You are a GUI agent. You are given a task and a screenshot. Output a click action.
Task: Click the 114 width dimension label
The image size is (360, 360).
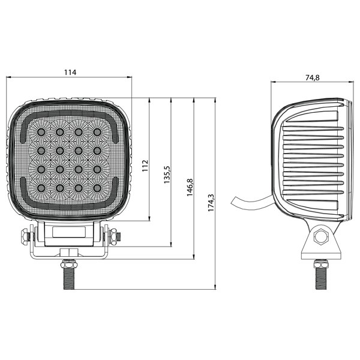[70, 73]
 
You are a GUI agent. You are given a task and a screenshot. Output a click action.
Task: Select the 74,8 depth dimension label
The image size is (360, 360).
[312, 78]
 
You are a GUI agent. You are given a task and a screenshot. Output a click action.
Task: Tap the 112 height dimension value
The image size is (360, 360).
[145, 166]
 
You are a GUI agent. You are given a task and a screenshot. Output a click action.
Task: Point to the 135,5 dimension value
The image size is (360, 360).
[167, 175]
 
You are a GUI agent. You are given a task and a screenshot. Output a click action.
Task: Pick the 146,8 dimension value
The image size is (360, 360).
[190, 187]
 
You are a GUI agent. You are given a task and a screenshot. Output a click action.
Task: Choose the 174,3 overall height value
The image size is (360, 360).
[211, 203]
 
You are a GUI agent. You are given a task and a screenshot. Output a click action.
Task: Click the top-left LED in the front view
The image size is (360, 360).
[41, 132]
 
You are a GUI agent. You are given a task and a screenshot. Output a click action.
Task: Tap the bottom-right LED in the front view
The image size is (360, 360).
[97, 188]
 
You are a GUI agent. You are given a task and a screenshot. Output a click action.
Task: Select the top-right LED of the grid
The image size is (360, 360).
[97, 132]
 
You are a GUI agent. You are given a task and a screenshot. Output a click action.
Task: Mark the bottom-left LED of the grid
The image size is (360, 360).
[41, 188]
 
